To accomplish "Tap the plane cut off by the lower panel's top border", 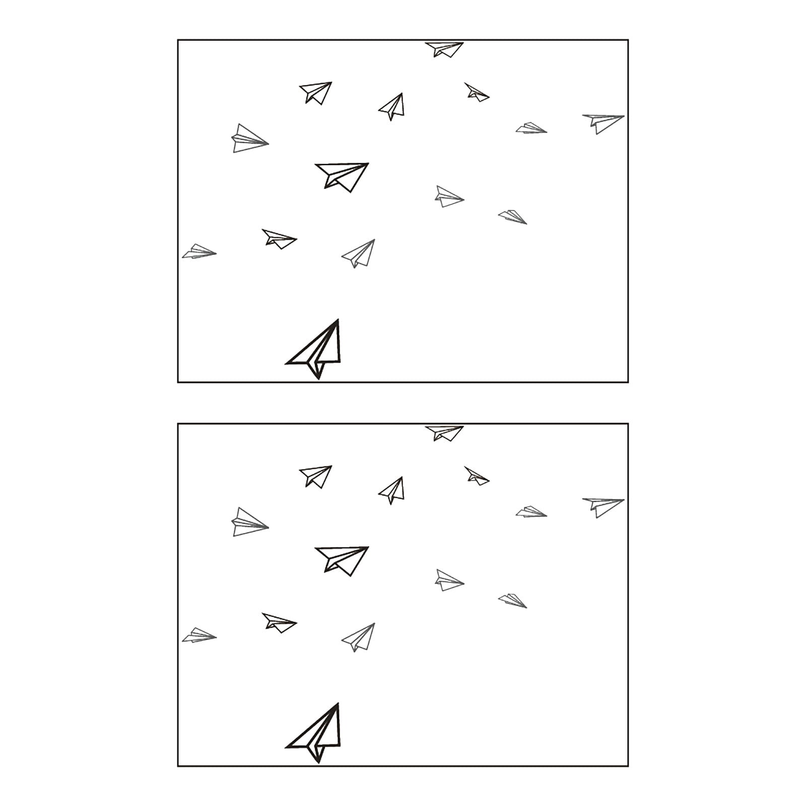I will (444, 432).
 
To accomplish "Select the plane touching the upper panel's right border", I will (603, 122).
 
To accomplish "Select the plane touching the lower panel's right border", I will (603, 506).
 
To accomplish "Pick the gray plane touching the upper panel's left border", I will (198, 252).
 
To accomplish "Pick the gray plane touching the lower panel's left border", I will (198, 636).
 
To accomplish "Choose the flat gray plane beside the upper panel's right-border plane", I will (531, 128).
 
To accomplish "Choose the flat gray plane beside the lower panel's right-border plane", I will (531, 512).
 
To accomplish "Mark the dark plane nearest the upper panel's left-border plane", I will (279, 239).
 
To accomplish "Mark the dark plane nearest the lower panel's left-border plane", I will (279, 623).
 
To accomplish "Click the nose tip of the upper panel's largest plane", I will (338, 320).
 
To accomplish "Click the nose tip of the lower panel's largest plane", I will (338, 704).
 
